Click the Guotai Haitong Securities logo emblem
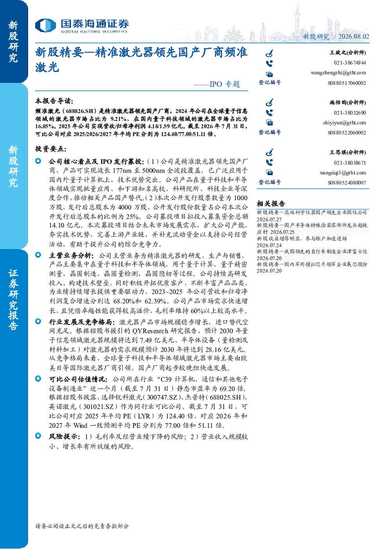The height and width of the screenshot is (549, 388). (x=46, y=25)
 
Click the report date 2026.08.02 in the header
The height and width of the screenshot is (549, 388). (x=354, y=36)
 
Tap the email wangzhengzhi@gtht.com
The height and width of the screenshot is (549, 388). (x=338, y=73)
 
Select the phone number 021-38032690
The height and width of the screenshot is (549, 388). (x=350, y=113)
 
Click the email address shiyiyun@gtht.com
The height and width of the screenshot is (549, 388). (x=344, y=123)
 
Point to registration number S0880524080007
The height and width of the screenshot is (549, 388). (x=347, y=183)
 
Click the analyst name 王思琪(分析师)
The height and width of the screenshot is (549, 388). (x=348, y=152)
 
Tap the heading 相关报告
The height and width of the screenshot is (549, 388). (x=271, y=204)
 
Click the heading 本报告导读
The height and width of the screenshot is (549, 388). (x=54, y=101)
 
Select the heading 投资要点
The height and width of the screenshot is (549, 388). (x=51, y=149)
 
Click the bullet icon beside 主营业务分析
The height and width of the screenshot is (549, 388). (x=38, y=255)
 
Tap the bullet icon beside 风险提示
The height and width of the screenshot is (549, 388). (x=38, y=436)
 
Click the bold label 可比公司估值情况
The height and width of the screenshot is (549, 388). (x=78, y=379)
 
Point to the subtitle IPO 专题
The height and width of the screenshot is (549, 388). (x=225, y=84)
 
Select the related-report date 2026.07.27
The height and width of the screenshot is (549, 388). (x=269, y=219)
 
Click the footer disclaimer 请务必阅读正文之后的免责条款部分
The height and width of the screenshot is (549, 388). (x=82, y=526)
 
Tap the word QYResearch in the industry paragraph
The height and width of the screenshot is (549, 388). (x=150, y=331)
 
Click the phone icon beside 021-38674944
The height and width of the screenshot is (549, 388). (x=269, y=63)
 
